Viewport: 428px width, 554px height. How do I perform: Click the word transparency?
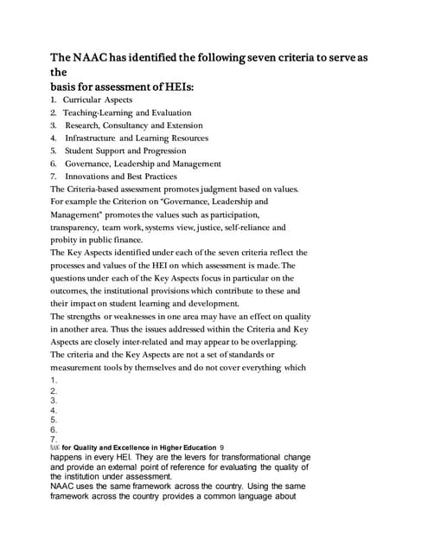click(77, 227)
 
